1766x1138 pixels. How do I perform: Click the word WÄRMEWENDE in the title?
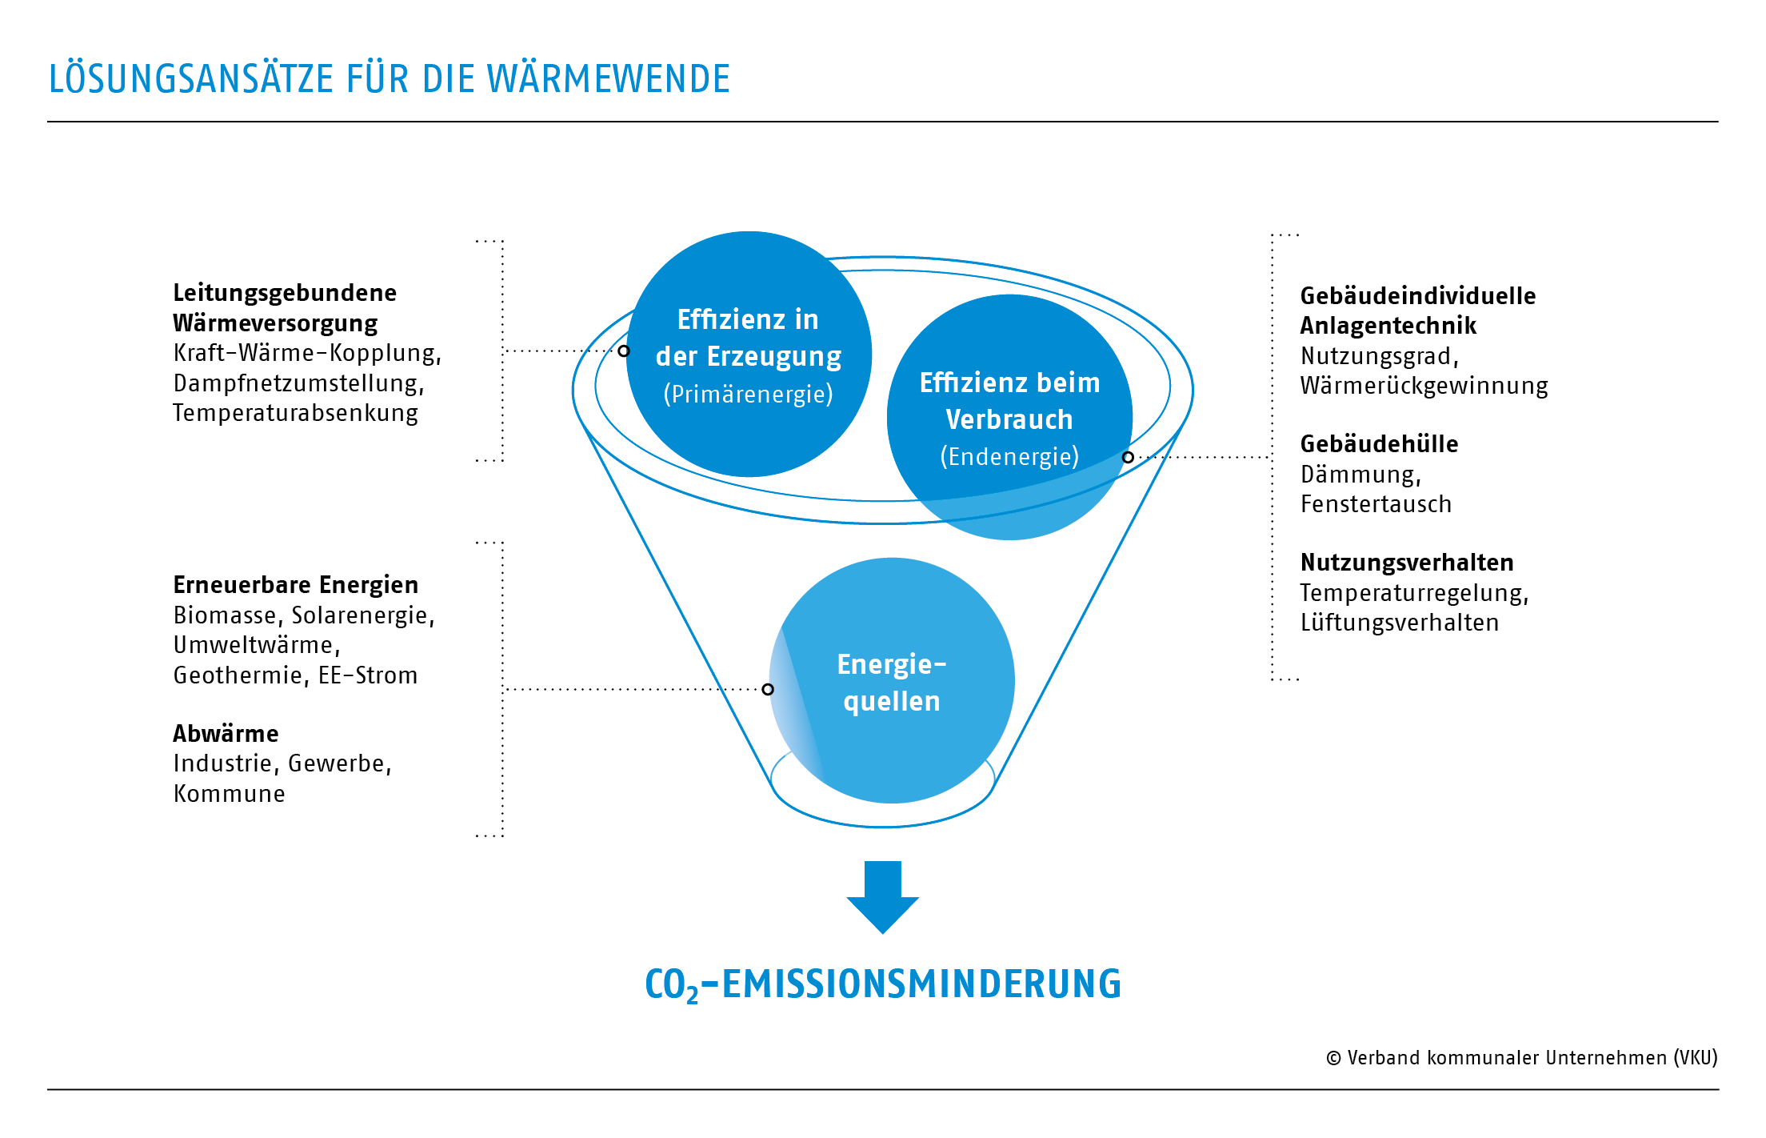click(608, 79)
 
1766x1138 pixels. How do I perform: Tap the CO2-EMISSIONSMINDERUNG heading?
click(883, 984)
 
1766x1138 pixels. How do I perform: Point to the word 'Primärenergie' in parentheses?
click(749, 394)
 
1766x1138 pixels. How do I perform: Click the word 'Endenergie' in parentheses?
click(1009, 456)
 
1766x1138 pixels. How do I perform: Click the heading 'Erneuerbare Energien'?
click(295, 585)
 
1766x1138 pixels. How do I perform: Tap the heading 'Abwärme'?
click(226, 734)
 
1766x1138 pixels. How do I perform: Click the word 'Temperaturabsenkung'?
click(295, 413)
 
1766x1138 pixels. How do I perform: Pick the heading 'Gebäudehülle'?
click(1379, 444)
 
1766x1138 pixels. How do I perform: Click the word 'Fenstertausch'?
click(1376, 504)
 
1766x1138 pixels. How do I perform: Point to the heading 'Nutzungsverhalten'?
click(1407, 563)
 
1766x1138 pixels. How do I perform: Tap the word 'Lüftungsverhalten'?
click(1399, 623)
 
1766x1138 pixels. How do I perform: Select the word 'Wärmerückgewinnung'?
click(1424, 386)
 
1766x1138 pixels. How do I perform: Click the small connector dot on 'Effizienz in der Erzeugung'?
click(624, 351)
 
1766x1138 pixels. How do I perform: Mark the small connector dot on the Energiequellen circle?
click(768, 689)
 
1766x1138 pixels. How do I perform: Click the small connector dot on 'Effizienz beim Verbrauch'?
click(1128, 457)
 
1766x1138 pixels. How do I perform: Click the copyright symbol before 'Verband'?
click(1333, 1058)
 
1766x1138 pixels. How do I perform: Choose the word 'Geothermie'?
click(238, 675)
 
